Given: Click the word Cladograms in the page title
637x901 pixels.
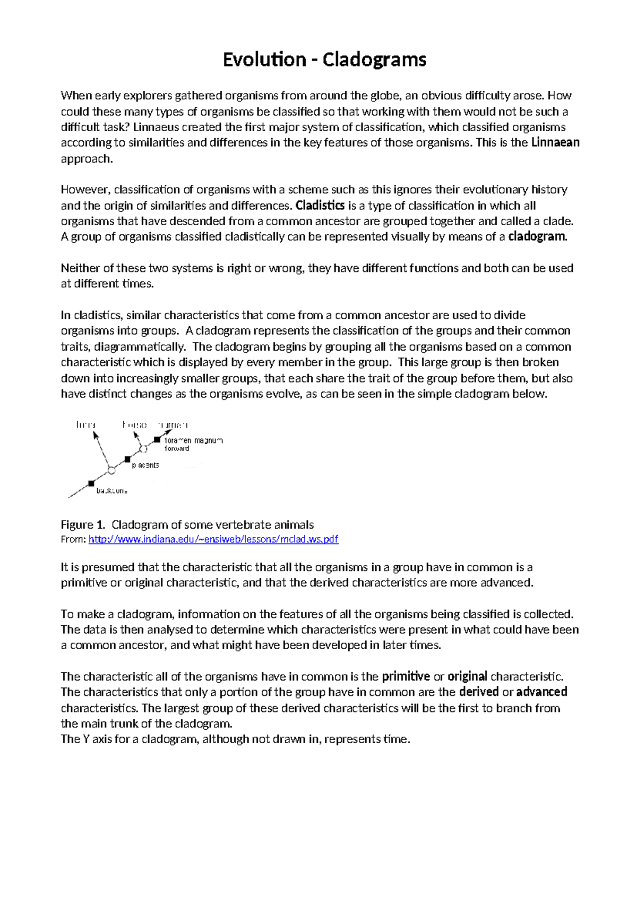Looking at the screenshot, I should tap(374, 59).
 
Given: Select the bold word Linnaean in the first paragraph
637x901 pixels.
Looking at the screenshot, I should tap(555, 142).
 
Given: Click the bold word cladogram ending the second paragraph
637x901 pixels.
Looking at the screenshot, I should tap(537, 237).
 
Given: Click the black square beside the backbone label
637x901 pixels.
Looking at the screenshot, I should tap(91, 483).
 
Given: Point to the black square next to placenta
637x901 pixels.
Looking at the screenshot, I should tap(127, 459).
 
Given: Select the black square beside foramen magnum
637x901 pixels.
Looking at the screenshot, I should tap(157, 439).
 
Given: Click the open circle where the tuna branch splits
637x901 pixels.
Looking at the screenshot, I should tap(111, 470).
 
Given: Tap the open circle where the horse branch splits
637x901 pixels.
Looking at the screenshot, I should tap(143, 449).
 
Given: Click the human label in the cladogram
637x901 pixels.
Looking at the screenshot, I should tap(173, 425).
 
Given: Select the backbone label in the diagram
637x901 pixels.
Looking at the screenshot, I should tap(111, 491).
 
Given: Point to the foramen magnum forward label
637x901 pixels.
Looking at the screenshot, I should tap(193, 444).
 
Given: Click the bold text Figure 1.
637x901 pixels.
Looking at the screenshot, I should tap(83, 525).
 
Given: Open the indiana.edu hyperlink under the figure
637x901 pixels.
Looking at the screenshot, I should tap(213, 539).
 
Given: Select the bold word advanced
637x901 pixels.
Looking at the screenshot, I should tap(541, 692).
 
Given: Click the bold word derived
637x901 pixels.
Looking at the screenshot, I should tap(478, 692).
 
